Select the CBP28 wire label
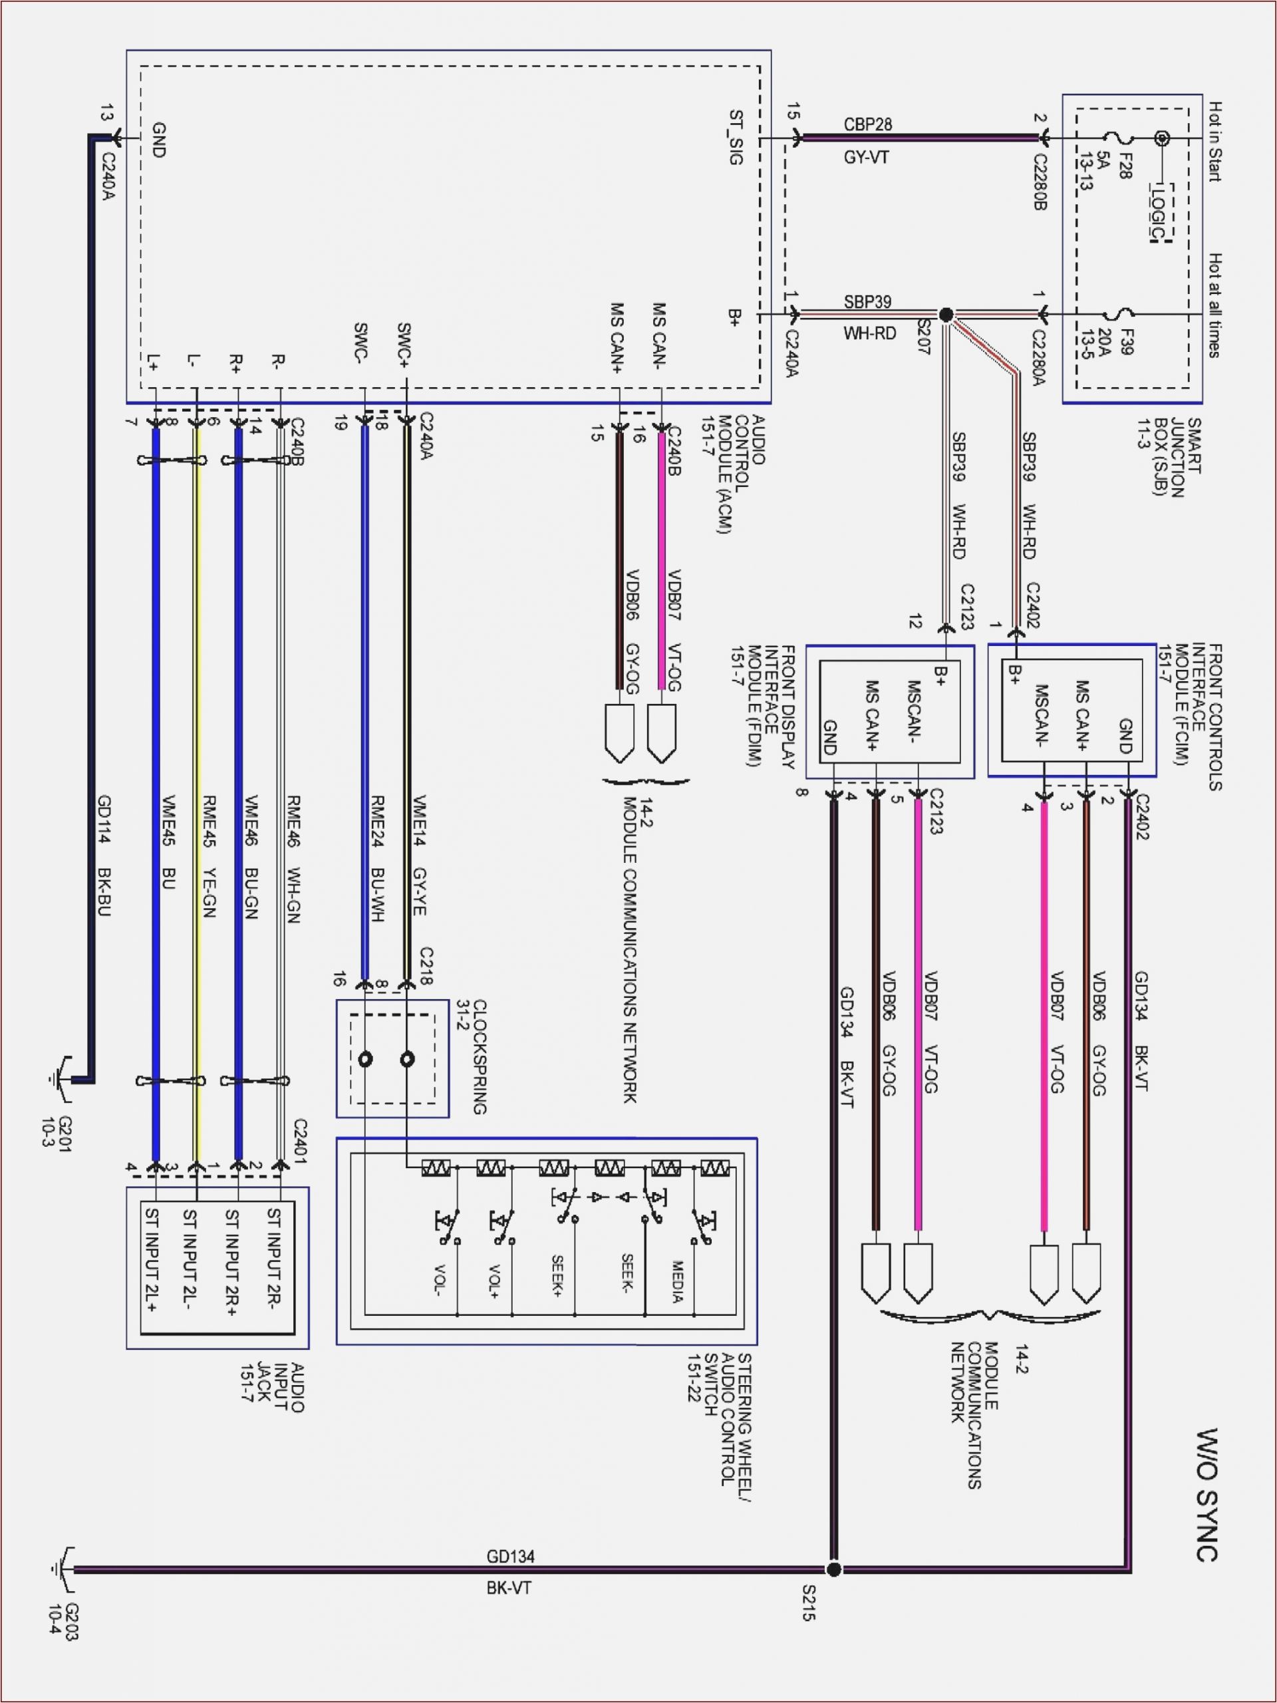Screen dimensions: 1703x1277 pyautogui.click(x=867, y=124)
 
